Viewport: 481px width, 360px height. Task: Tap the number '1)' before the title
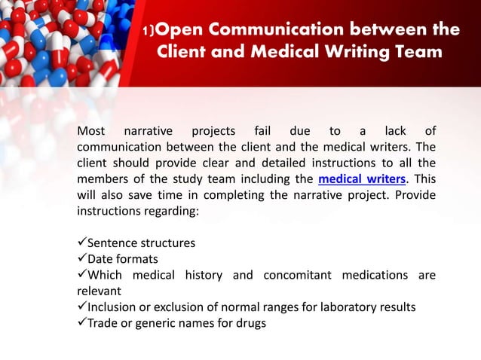149,32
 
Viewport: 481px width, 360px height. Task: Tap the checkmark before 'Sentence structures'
82,243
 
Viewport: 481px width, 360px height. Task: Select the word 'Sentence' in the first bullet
114,243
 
